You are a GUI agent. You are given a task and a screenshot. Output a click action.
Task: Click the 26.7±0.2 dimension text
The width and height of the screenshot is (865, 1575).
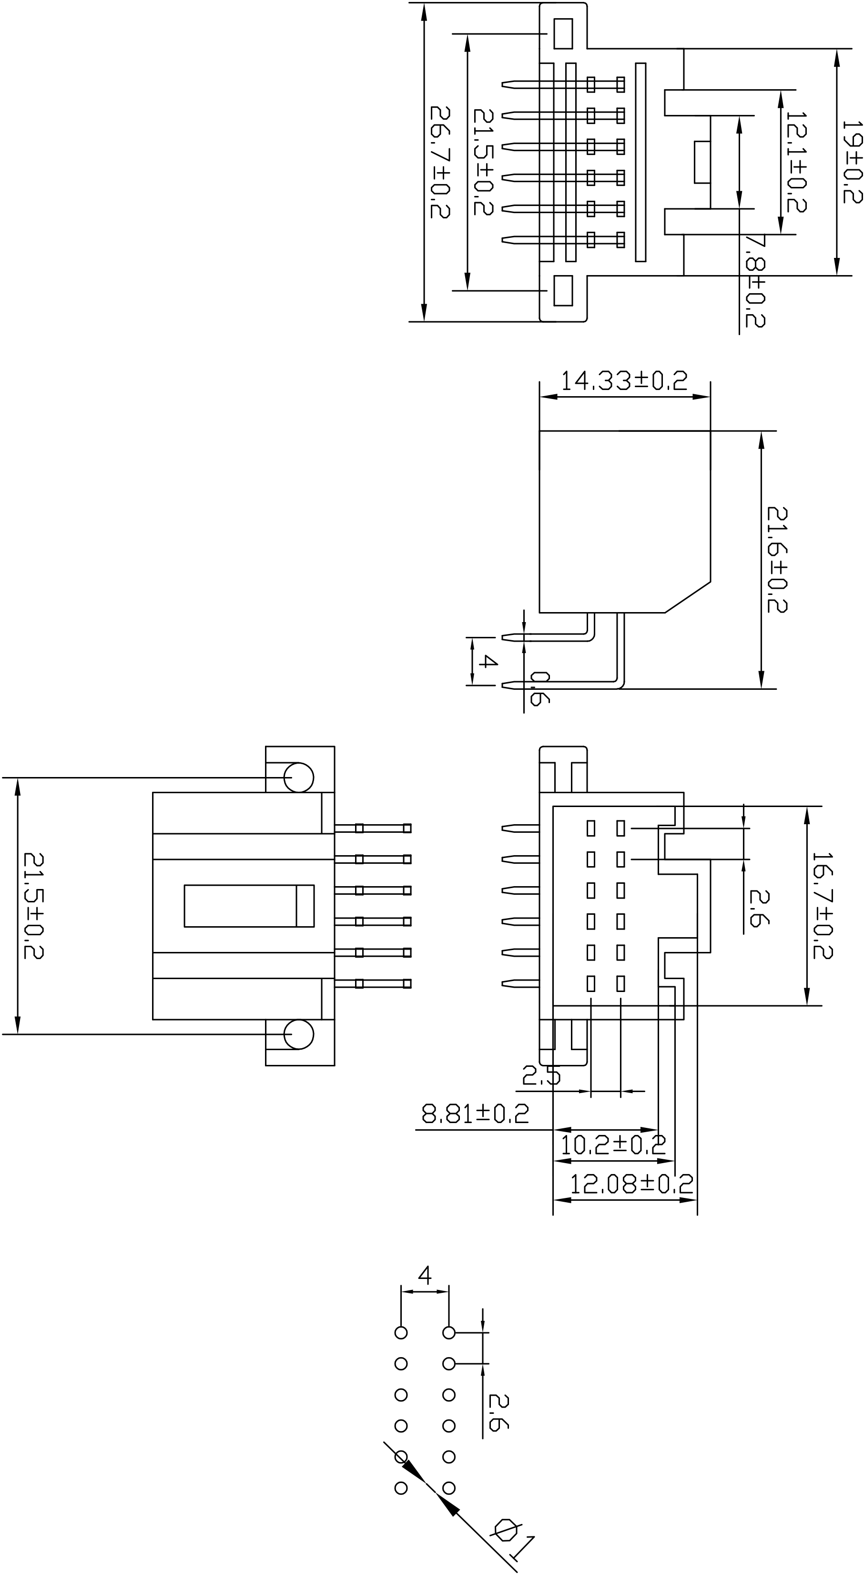click(440, 162)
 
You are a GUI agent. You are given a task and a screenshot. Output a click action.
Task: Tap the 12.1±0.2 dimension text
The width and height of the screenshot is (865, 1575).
click(796, 162)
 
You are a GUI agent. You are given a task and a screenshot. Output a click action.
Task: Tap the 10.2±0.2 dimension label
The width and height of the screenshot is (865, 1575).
click(612, 1143)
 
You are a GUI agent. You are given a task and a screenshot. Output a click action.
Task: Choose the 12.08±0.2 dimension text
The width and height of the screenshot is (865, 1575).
click(631, 1184)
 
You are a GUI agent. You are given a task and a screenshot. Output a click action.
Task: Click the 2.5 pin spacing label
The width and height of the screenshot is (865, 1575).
click(540, 1075)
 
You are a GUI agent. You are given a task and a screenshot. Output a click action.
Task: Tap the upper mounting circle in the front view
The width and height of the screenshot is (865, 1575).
click(299, 777)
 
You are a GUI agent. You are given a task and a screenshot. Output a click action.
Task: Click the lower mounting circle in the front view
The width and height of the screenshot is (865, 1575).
click(299, 1034)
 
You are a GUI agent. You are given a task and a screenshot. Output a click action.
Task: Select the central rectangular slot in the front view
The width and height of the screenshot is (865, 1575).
click(249, 906)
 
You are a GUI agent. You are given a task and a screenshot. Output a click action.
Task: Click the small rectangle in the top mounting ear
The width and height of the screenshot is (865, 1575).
click(563, 34)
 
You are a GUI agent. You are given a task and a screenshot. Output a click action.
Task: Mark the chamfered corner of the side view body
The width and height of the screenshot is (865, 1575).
click(688, 596)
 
